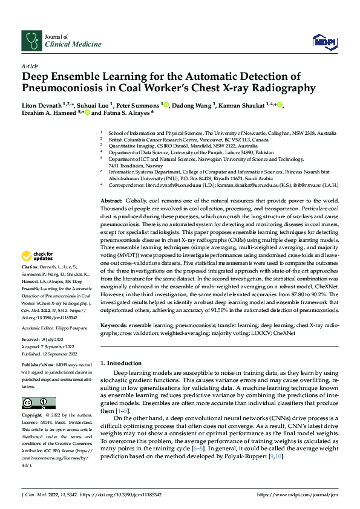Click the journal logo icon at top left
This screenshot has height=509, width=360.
[x=31, y=41]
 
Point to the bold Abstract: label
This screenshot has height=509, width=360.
[x=111, y=166]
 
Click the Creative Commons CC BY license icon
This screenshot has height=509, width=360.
[x=39, y=403]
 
